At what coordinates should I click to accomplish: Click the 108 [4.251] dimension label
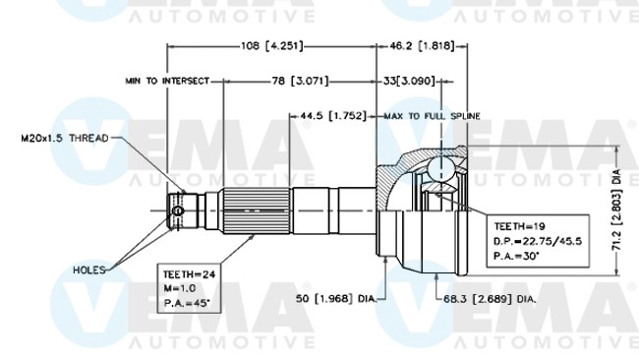pyautogui.click(x=270, y=45)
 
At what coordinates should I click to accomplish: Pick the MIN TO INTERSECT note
pyautogui.click(x=167, y=80)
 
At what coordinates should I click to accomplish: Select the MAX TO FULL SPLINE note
pyautogui.click(x=433, y=115)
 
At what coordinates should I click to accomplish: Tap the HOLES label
pyautogui.click(x=90, y=269)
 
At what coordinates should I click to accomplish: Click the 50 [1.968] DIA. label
pyautogui.click(x=337, y=296)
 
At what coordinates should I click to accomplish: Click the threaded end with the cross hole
pyautogui.click(x=177, y=210)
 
